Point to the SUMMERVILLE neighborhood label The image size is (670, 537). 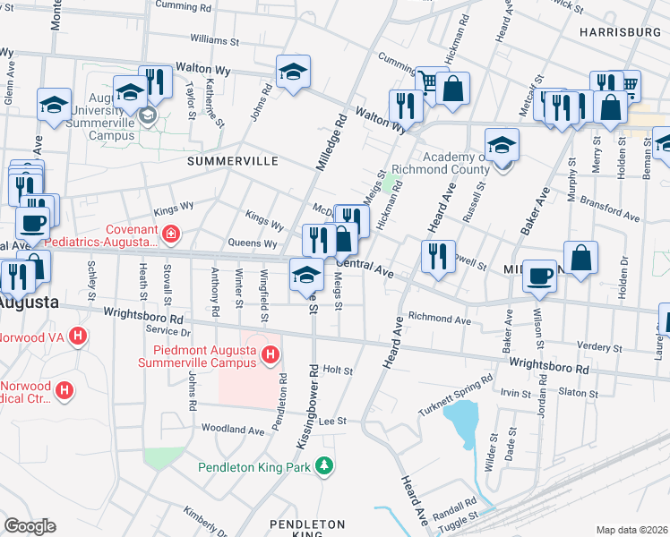coord(233,161)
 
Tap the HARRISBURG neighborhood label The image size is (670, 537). coord(620,31)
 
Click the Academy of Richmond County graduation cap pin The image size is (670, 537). coord(502,145)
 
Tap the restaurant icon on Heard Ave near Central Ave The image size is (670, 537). coord(438,256)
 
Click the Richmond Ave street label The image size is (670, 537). coord(439,318)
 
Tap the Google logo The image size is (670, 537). coord(30,525)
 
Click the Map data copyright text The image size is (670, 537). coord(632,530)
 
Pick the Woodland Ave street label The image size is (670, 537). coord(233,430)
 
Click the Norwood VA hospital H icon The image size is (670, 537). coord(79,337)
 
